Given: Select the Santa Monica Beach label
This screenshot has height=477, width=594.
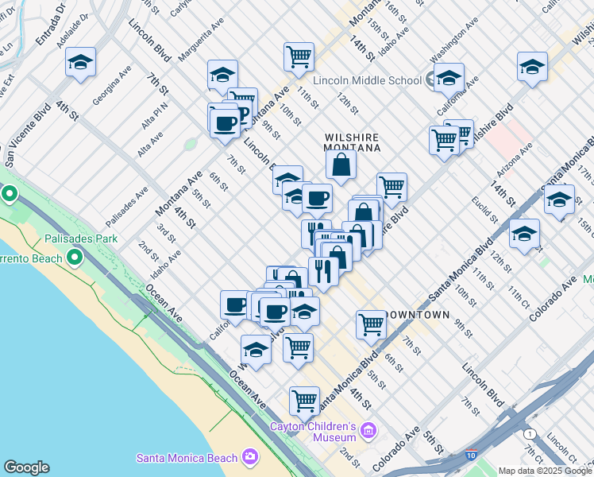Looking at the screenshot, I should (x=187, y=457).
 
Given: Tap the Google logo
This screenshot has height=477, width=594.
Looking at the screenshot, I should (x=26, y=467).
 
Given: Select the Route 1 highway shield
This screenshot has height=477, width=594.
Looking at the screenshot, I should (x=528, y=433).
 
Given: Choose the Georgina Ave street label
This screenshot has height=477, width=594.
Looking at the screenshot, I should (x=111, y=86).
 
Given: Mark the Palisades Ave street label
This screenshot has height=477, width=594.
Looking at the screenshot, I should (x=127, y=207).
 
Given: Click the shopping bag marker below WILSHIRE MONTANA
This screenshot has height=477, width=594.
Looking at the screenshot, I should (x=341, y=165).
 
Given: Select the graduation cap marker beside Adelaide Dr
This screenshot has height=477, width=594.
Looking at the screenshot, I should (x=80, y=63).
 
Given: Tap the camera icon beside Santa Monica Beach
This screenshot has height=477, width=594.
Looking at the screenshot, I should (x=250, y=456).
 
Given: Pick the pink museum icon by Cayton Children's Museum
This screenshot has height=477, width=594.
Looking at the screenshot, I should (x=368, y=431).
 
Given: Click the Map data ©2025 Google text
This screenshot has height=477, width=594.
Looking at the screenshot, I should (x=544, y=471).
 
